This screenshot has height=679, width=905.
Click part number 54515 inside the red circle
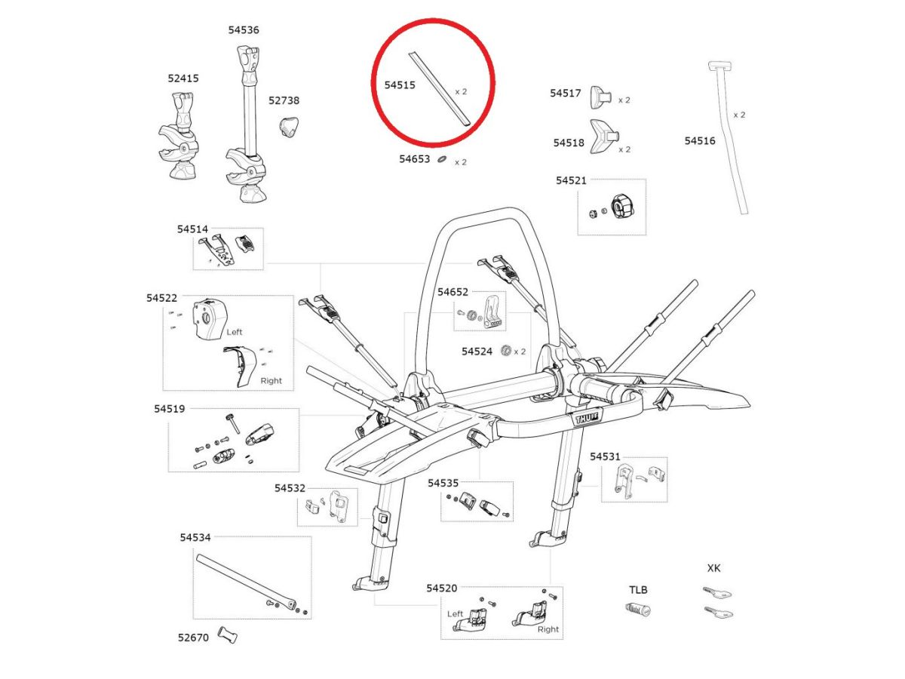click(400, 86)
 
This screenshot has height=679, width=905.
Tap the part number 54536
click(244, 30)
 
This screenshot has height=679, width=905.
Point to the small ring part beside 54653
click(442, 160)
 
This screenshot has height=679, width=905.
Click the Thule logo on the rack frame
click(585, 417)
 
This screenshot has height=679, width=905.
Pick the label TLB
click(638, 589)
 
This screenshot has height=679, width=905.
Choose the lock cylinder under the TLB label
click(638, 610)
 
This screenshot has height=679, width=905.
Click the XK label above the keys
click(713, 568)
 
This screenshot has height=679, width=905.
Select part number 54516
click(700, 141)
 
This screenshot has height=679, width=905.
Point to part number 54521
click(571, 181)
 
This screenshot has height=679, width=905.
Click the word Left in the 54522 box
click(234, 331)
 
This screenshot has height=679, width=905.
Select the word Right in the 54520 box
click(548, 628)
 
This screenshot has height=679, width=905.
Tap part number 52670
click(193, 637)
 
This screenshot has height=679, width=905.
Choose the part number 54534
click(195, 538)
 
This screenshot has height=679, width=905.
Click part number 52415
click(183, 78)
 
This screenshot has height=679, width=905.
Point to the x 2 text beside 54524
click(520, 352)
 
